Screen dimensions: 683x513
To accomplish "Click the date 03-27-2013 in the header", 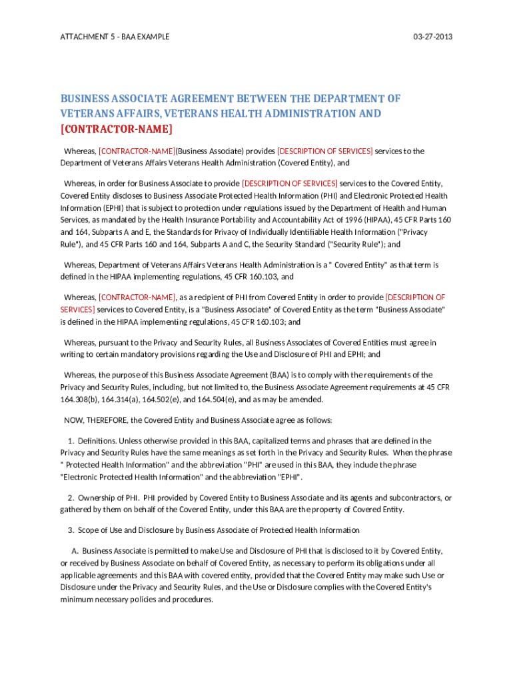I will click(x=432, y=37).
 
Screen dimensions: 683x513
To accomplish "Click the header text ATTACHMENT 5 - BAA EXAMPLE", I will click(x=115, y=37).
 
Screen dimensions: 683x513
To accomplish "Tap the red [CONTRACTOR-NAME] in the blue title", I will click(x=117, y=129).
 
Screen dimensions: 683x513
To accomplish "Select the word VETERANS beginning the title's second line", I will click(x=88, y=113).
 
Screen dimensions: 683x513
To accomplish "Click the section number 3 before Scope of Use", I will click(x=71, y=530).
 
